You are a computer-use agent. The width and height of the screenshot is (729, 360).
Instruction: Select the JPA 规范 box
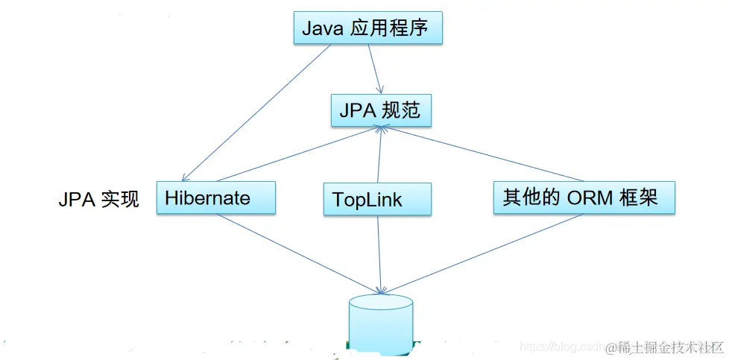tap(380, 111)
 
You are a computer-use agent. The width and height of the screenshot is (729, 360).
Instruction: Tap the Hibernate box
tap(216, 198)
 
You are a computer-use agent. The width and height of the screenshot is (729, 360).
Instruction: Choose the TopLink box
tap(377, 199)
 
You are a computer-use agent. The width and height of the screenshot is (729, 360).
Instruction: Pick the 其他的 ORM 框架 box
tap(584, 198)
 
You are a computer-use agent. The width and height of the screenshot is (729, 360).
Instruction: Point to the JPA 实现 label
tap(98, 200)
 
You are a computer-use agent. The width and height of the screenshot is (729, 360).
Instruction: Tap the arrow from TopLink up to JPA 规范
tap(381, 155)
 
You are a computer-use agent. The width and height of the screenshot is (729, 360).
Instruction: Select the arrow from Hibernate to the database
tap(298, 252)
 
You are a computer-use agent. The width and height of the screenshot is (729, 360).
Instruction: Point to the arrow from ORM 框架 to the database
tap(481, 252)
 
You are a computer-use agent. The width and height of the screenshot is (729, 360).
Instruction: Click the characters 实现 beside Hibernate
tap(119, 200)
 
